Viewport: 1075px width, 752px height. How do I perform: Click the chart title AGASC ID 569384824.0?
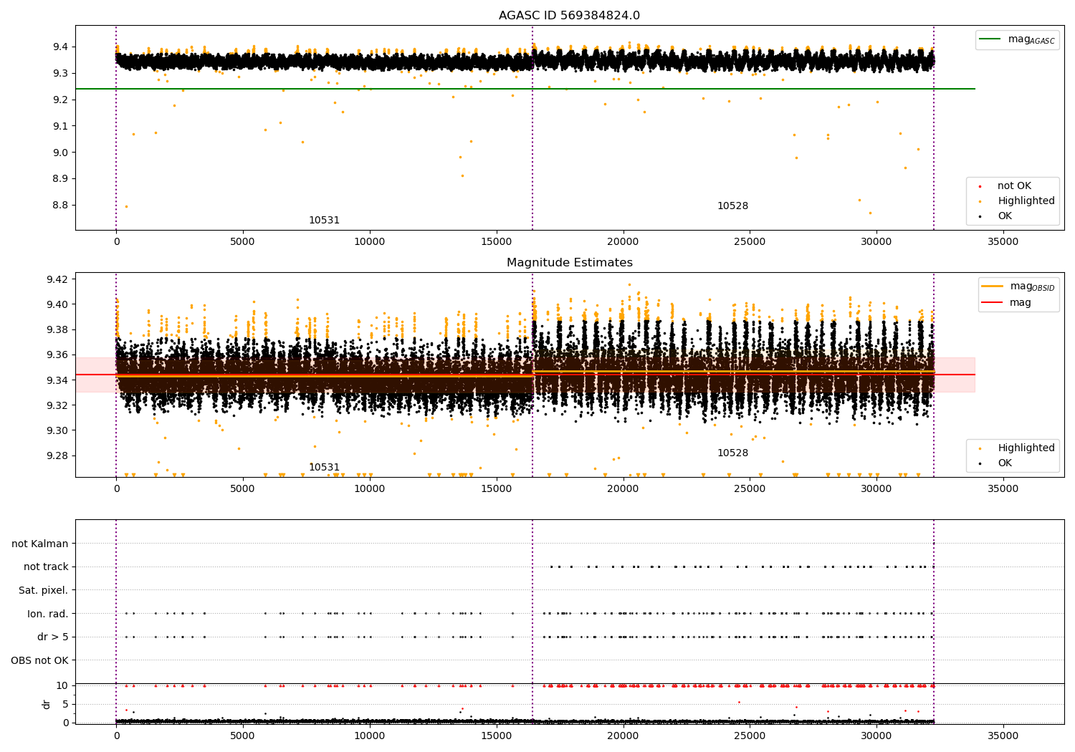569,16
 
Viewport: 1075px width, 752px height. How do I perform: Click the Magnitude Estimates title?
569,263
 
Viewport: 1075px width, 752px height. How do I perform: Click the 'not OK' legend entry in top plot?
1013,186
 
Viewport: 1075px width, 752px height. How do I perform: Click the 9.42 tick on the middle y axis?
57,279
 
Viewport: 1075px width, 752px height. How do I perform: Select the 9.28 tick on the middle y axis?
57,455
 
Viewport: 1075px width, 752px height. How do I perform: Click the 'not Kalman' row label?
40,544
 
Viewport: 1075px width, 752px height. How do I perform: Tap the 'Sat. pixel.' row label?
44,590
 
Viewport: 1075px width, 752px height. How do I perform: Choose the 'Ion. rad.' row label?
48,614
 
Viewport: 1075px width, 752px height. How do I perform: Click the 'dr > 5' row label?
53,637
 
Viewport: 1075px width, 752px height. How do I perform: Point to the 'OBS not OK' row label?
40,660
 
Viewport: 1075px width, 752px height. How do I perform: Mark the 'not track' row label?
46,567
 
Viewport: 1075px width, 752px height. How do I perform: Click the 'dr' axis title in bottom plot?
47,704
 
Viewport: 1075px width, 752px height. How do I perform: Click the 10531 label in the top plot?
324,221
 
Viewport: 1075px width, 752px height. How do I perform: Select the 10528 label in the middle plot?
732,453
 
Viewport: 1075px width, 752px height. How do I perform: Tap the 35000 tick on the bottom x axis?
1003,736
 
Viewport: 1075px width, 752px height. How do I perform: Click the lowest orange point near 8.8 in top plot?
126,207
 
